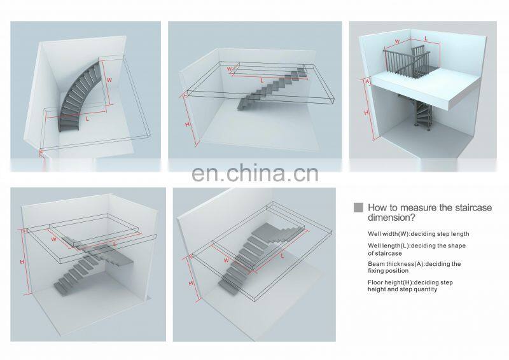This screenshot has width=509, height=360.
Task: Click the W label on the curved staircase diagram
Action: click(108, 81)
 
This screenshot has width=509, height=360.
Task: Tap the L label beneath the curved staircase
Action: click(87, 117)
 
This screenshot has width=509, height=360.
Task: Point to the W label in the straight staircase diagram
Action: click(230, 68)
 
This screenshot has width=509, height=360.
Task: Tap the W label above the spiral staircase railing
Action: click(397, 43)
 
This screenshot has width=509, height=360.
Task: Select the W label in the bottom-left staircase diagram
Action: click(54, 239)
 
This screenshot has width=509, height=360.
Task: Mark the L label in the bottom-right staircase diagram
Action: click(281, 255)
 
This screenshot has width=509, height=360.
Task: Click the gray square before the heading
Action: click(358, 207)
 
